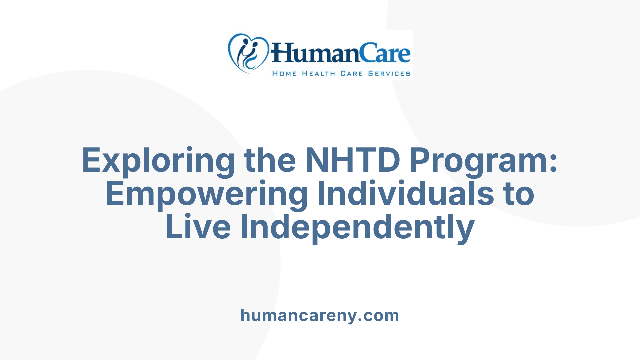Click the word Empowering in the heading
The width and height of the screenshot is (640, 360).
[207, 194]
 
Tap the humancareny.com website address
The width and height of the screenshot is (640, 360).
[320, 315]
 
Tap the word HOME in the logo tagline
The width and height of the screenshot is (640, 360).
[284, 73]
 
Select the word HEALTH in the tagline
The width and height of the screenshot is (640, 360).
[318, 73]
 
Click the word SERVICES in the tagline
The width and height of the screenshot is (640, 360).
[389, 73]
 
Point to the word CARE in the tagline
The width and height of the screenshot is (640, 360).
[351, 73]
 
